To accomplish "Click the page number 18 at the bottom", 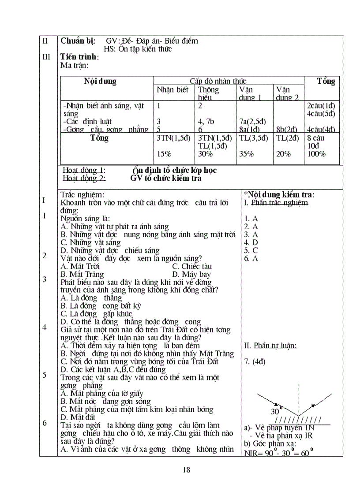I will pos(186,469).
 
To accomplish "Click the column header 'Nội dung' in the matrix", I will pos(100,82).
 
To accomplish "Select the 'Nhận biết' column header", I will pos(172,90).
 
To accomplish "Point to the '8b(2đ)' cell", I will pos(287,130).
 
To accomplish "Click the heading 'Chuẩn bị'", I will pos(78,41).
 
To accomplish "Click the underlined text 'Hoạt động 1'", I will pos(84,171).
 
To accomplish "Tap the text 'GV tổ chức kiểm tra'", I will pos(166,179).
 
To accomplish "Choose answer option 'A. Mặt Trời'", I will pos(80,266).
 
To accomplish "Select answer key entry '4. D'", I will pos(251,242).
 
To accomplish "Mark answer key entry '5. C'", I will pos(251,250).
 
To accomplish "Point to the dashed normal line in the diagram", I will pos(299,397).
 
